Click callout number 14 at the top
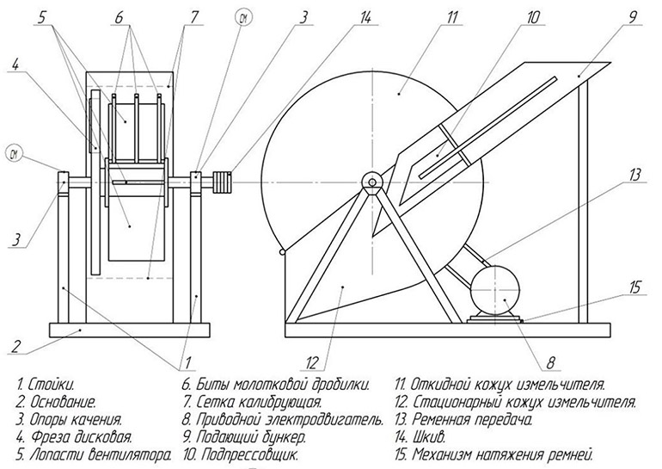click(x=365, y=18)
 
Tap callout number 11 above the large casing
click(x=451, y=18)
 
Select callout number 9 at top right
click(x=632, y=17)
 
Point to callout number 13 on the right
click(x=634, y=175)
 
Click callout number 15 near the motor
click(x=634, y=287)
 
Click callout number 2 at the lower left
click(x=15, y=347)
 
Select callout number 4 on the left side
click(x=15, y=65)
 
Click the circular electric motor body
click(x=495, y=290)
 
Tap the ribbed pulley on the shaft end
click(x=223, y=182)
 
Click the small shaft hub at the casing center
click(x=372, y=182)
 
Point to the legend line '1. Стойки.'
click(x=46, y=385)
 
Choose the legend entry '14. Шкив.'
click(x=420, y=436)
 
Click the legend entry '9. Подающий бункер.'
click(x=244, y=436)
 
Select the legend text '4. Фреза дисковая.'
click(x=75, y=436)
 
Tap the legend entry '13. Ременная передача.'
click(x=463, y=420)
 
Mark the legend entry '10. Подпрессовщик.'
click(x=241, y=454)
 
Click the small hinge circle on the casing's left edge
click(x=283, y=252)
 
